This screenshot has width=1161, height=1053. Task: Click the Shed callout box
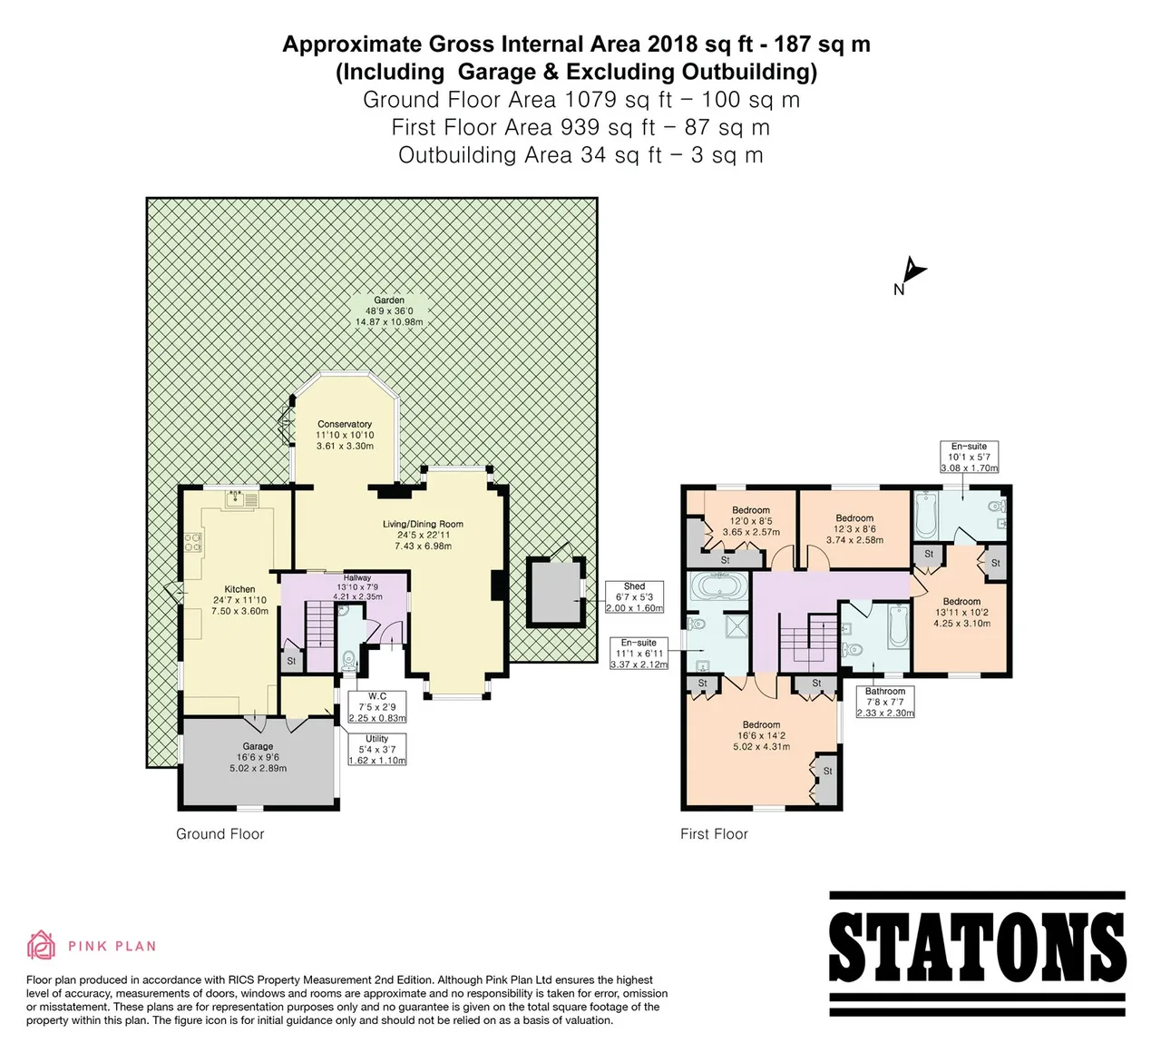[x=634, y=597]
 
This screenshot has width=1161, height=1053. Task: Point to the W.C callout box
[x=376, y=707]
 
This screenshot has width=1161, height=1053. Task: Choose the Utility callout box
[x=376, y=750]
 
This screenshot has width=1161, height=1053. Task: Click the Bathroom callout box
[x=885, y=702]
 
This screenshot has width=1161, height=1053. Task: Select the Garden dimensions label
[x=389, y=311]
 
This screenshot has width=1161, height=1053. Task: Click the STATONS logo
[x=977, y=953]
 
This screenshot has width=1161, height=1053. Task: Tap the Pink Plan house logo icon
[x=41, y=945]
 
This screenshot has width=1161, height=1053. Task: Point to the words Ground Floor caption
[x=220, y=834]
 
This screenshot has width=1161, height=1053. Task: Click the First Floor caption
[x=714, y=834]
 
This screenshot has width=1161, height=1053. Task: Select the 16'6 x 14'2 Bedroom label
[x=761, y=735]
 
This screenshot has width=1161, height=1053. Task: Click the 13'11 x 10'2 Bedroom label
[x=961, y=612]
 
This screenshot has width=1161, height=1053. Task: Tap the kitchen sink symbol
[x=242, y=499]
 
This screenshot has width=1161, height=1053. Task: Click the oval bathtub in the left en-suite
[x=717, y=585]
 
